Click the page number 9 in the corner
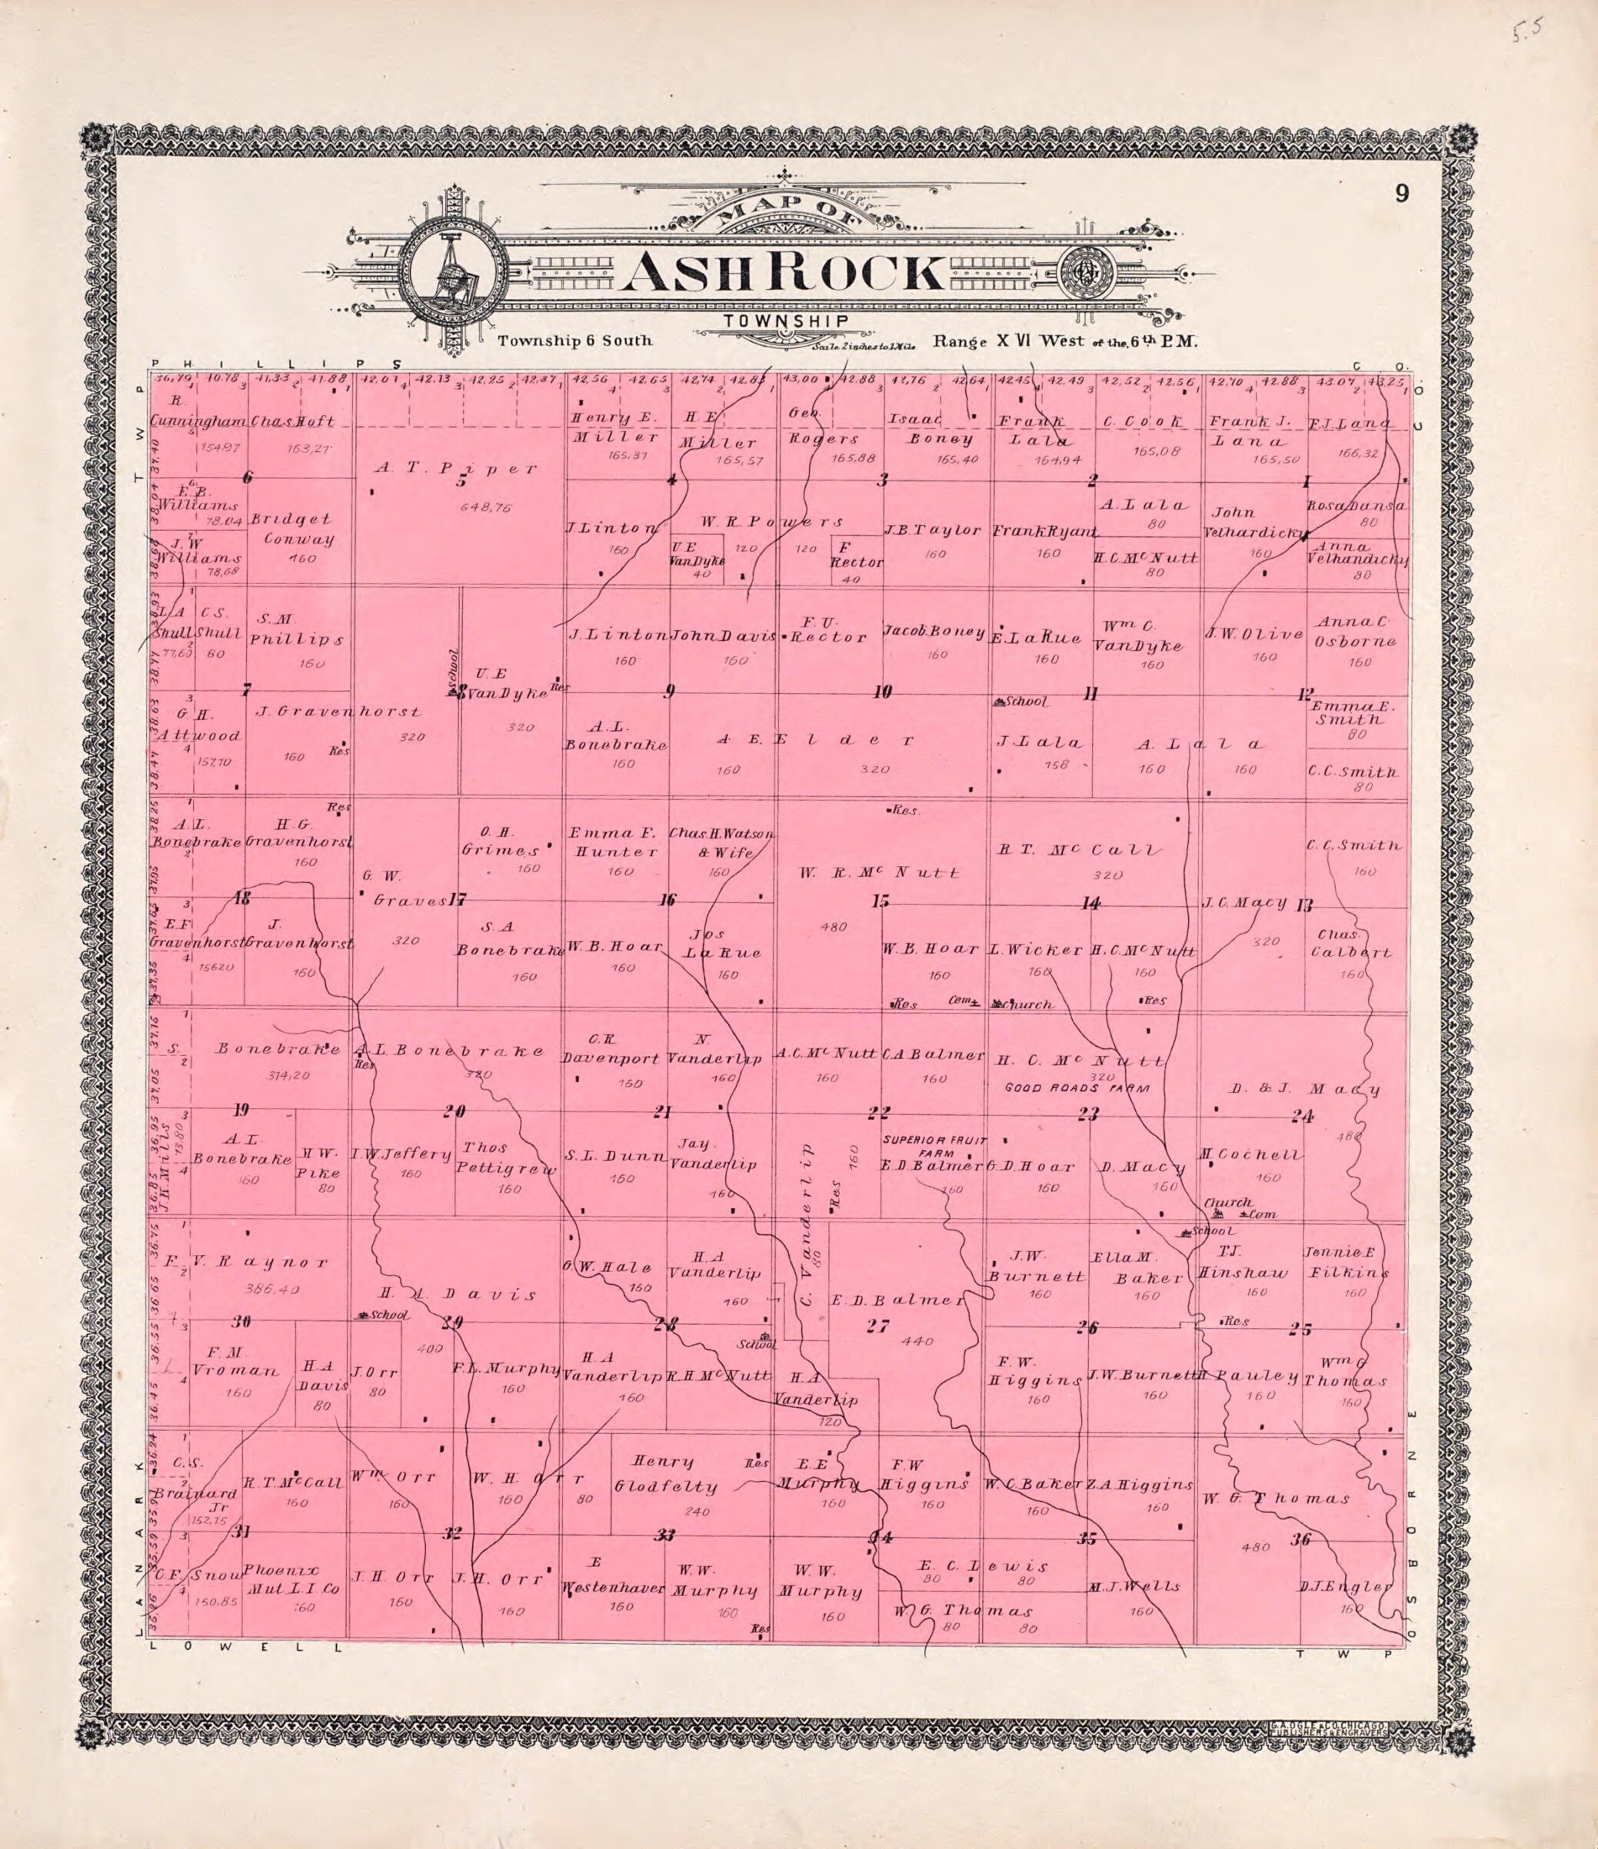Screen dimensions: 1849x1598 (x=1403, y=217)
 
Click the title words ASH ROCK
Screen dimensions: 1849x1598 (x=783, y=273)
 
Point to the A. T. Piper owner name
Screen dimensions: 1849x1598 (x=454, y=466)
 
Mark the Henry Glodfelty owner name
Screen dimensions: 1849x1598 (x=666, y=1474)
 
